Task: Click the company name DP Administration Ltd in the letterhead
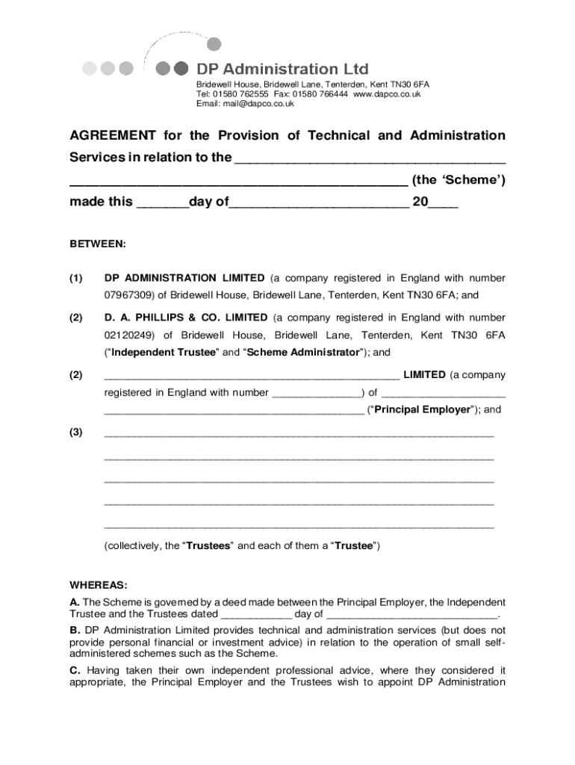[x=282, y=69]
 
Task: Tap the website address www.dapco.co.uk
[x=387, y=94]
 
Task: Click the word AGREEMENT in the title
[x=113, y=135]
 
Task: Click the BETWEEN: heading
[x=98, y=244]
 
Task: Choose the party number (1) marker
[x=76, y=278]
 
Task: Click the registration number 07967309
[x=129, y=295]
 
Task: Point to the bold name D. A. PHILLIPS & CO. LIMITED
[x=186, y=318]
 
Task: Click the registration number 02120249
[x=129, y=335]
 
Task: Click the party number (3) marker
[x=76, y=432]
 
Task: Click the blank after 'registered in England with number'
[x=317, y=393]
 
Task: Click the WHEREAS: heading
[x=98, y=584]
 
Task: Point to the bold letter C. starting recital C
[x=75, y=670]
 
